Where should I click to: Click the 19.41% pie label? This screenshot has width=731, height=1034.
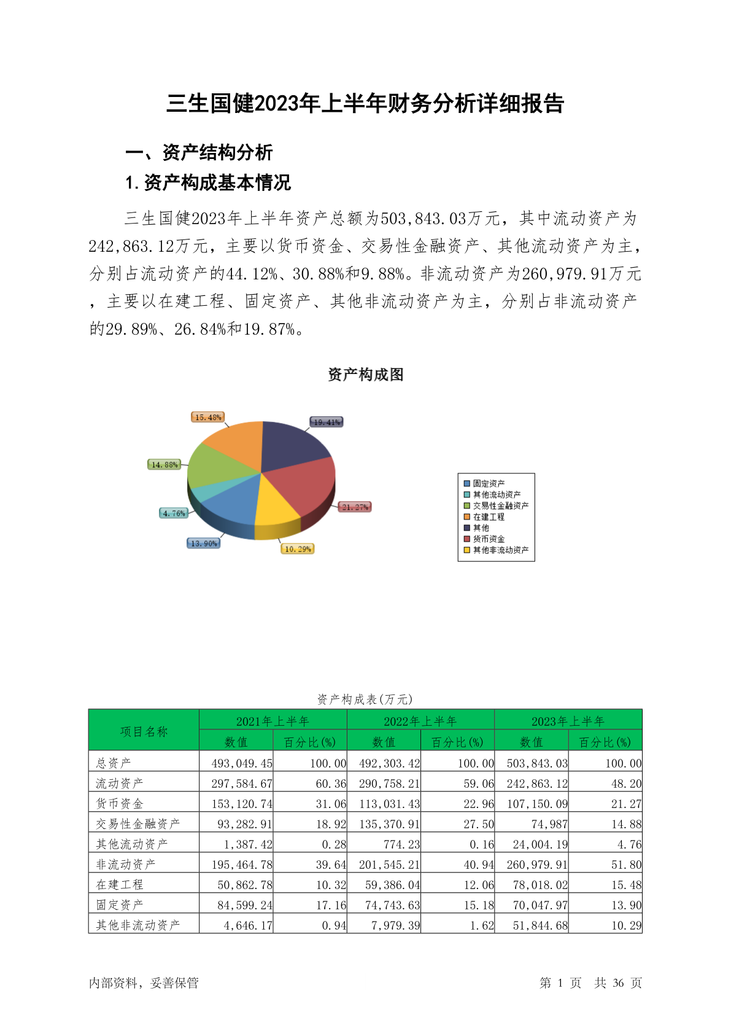coord(327,422)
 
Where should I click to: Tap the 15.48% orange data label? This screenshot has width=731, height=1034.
coord(208,418)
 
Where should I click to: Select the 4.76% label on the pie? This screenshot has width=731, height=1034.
coord(174,513)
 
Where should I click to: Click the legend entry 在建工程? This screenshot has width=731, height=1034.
coord(489,517)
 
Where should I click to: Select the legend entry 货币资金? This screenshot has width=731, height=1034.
coord(489,539)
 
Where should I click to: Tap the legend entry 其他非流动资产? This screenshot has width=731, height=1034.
coord(500,550)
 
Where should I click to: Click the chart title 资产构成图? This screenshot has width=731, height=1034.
coord(366,375)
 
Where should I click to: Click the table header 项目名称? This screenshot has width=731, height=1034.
coord(144,731)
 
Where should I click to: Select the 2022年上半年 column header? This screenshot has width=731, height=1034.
coord(420,721)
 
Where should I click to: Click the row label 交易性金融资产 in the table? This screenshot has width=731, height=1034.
coord(138,824)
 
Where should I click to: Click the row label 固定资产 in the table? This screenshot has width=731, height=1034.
coord(120,905)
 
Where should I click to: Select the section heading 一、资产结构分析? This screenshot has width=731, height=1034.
coord(199,152)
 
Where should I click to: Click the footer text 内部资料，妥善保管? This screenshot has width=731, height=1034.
coord(144,983)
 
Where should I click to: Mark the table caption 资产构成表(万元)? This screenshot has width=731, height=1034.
coord(365,699)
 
